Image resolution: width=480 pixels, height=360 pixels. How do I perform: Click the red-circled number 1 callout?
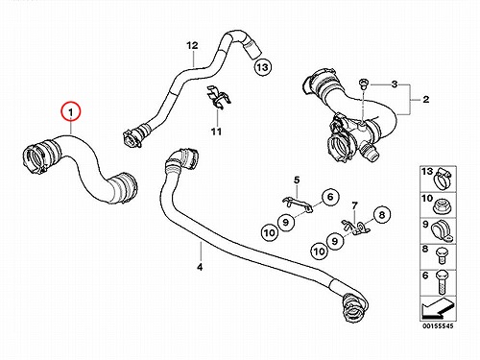tap(71, 111)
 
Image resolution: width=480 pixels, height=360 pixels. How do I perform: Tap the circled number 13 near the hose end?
tap(262, 67)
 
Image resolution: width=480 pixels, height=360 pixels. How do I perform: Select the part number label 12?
tap(192, 45)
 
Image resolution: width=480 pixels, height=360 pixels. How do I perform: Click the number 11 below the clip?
tap(216, 132)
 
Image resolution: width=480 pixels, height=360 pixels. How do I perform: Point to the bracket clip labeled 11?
tap(219, 98)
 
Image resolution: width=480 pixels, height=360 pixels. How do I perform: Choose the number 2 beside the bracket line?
tap(425, 100)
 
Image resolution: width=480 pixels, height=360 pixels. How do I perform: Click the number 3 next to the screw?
tap(395, 84)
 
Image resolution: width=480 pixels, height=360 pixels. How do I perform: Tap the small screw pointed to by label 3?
tap(363, 84)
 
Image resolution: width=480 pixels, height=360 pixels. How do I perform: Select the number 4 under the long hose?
tap(200, 267)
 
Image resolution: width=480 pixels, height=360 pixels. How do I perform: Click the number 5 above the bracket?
tap(297, 180)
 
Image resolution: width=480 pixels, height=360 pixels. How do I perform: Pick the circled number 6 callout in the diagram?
tap(330, 197)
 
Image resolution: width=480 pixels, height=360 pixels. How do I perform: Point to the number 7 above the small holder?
tap(354, 205)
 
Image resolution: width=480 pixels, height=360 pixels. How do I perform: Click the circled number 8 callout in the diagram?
tap(382, 215)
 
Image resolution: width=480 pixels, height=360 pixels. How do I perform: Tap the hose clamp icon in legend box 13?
tap(443, 179)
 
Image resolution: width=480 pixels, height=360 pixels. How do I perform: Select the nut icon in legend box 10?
tap(443, 206)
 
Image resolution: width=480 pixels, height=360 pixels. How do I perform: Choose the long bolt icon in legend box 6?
tap(443, 282)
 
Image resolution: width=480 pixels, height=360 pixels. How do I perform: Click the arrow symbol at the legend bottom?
tap(438, 308)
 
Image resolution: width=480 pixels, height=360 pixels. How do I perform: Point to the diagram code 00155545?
tap(438, 326)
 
